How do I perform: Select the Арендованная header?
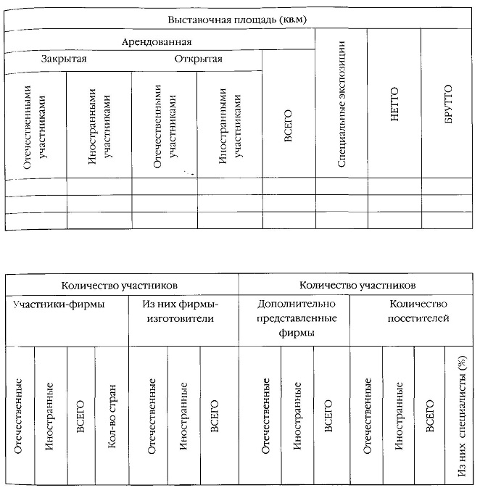tap(160, 42)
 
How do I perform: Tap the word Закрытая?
tap(65, 59)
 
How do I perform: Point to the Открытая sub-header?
tap(199, 59)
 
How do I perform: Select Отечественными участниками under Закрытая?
tap(35, 125)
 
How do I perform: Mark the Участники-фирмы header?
tap(59, 304)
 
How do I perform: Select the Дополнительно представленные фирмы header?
tap(293, 320)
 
